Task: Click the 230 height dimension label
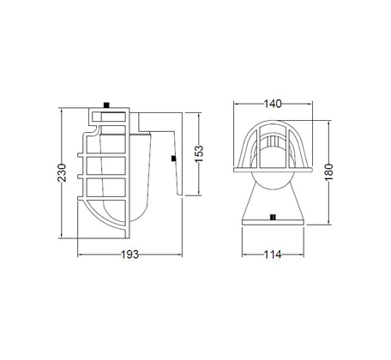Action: [x=62, y=172]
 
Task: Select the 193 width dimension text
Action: [x=130, y=255]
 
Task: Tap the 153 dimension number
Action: [x=199, y=153]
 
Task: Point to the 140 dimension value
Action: [x=273, y=104]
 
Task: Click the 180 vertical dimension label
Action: [x=329, y=172]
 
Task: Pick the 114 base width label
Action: [x=273, y=255]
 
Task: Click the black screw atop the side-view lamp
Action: [x=107, y=105]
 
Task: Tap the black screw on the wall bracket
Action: [x=173, y=159]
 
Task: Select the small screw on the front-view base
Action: [x=273, y=218]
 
